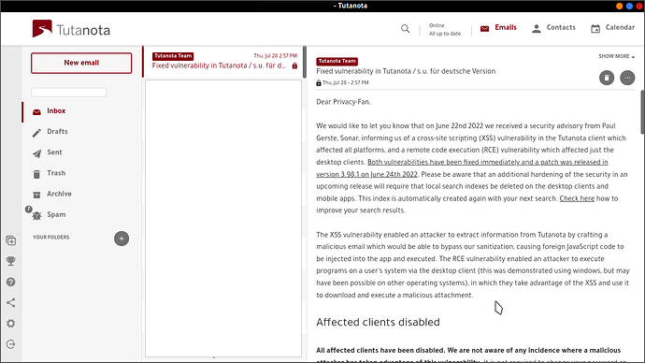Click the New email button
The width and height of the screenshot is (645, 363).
81,63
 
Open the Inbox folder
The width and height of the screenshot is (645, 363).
56,111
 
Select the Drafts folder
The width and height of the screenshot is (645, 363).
56,132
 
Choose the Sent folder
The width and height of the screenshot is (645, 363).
54,152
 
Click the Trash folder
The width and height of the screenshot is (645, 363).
56,173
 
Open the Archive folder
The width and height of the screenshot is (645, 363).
58,194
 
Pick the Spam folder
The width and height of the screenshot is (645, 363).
56,214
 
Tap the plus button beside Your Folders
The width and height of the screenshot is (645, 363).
122,238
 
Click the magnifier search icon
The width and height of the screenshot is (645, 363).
406,28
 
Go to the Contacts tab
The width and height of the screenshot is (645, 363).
552,28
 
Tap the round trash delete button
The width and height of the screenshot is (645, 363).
607,78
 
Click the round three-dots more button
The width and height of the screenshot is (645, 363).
627,78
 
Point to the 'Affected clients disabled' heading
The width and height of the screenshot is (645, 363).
378,323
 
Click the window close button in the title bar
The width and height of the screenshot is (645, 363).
634,6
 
